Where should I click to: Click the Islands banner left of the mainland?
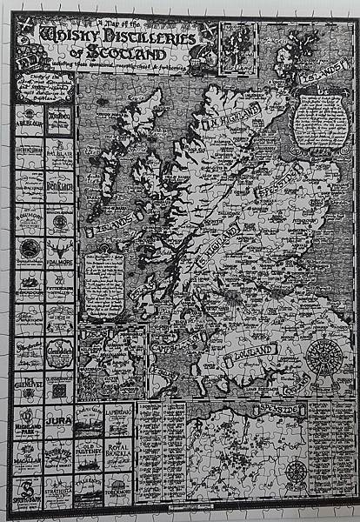point(110,230)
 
